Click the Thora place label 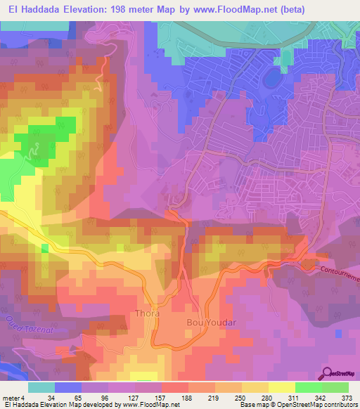[147, 313]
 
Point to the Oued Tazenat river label [20, 324]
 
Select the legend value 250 [241, 397]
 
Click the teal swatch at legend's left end [41, 387]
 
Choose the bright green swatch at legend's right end [335, 387]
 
